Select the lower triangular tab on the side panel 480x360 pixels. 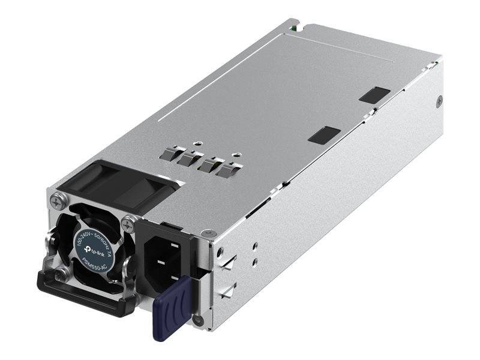coord(228,293)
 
